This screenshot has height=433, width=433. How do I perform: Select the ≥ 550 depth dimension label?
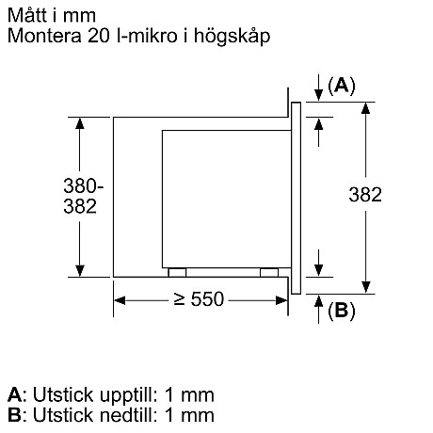(x=199, y=299)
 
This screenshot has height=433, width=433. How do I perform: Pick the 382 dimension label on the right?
(x=364, y=195)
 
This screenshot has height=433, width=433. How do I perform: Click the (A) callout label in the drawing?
(x=341, y=86)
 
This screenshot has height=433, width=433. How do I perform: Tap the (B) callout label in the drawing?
(x=341, y=310)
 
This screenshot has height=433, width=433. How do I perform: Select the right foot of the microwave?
(x=268, y=272)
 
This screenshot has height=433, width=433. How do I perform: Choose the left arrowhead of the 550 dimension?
(x=120, y=300)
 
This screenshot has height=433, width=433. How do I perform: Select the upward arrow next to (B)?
(x=318, y=305)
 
